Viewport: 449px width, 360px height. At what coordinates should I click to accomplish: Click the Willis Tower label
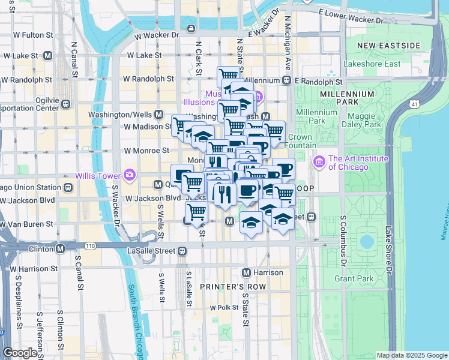(x=97, y=175)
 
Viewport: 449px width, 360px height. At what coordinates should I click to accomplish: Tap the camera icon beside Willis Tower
(x=129, y=175)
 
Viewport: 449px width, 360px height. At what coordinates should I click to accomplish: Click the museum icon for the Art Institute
(x=319, y=162)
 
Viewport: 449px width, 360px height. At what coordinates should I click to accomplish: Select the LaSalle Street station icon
(x=182, y=251)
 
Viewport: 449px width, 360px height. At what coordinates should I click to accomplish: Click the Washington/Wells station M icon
(x=159, y=114)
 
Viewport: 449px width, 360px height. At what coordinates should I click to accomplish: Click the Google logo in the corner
(x=20, y=353)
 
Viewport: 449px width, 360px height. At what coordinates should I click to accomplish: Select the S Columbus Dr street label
(x=343, y=240)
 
